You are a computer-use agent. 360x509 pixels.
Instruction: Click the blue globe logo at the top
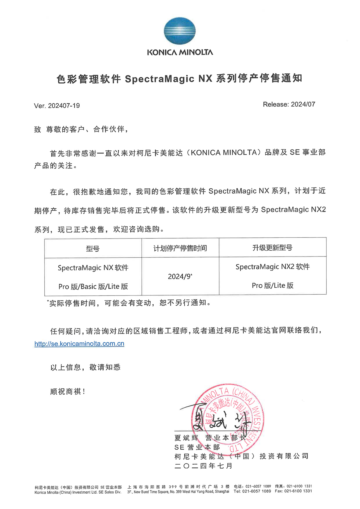click(179, 31)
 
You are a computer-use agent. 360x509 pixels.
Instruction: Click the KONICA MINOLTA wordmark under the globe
click(180, 53)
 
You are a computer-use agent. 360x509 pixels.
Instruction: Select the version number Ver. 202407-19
click(57, 106)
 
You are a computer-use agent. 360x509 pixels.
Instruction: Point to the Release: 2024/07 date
click(289, 104)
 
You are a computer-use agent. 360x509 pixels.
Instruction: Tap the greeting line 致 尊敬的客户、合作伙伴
click(81, 129)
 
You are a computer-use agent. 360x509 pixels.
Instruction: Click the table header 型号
click(93, 249)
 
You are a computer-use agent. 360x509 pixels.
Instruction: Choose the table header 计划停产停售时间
click(180, 248)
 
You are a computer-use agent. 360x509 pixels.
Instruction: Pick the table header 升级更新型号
click(272, 248)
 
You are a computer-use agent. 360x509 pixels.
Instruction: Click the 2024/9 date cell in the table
click(180, 277)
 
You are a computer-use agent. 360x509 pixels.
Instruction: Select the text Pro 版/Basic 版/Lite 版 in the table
click(93, 287)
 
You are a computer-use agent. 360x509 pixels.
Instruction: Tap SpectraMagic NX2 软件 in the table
click(273, 267)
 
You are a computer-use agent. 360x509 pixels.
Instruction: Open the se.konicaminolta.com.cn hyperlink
click(79, 344)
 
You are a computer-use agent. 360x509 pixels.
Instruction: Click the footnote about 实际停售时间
click(129, 303)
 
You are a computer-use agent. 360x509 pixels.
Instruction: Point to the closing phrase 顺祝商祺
click(68, 392)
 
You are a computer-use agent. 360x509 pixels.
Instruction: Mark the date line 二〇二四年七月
click(204, 466)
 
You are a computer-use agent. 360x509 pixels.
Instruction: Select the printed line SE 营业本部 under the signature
click(197, 447)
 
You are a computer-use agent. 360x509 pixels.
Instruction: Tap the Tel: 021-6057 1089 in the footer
click(252, 491)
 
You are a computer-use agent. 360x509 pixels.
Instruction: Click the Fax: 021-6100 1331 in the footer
click(293, 491)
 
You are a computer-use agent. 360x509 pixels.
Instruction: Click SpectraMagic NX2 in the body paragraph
click(293, 210)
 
